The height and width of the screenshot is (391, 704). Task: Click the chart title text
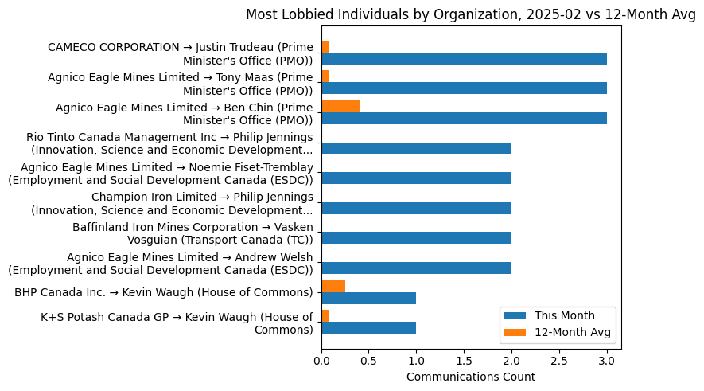pos(470,14)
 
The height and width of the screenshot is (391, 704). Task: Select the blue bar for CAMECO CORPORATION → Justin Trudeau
pos(464,59)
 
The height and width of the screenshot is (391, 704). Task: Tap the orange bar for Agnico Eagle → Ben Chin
pos(340,107)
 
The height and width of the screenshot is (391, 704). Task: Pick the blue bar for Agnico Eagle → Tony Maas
pos(464,88)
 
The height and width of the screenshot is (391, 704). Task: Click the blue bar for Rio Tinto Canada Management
pos(416,148)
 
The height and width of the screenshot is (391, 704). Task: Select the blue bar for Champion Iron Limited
pos(416,208)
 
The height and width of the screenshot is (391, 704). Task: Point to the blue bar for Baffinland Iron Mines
pos(416,238)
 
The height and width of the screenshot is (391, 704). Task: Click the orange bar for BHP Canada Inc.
pos(333,286)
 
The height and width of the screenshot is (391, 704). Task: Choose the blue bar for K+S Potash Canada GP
pos(368,327)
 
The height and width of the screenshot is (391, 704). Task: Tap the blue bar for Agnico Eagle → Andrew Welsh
pos(416,268)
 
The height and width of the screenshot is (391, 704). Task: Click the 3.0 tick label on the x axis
pos(607,360)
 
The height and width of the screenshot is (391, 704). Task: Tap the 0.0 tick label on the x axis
pos(321,360)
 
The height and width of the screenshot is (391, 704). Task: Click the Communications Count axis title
pos(470,377)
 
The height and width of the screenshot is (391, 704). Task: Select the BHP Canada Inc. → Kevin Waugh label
pos(163,292)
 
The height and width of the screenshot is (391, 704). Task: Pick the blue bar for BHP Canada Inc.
pos(368,298)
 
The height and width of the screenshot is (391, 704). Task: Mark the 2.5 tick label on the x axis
pos(559,360)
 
